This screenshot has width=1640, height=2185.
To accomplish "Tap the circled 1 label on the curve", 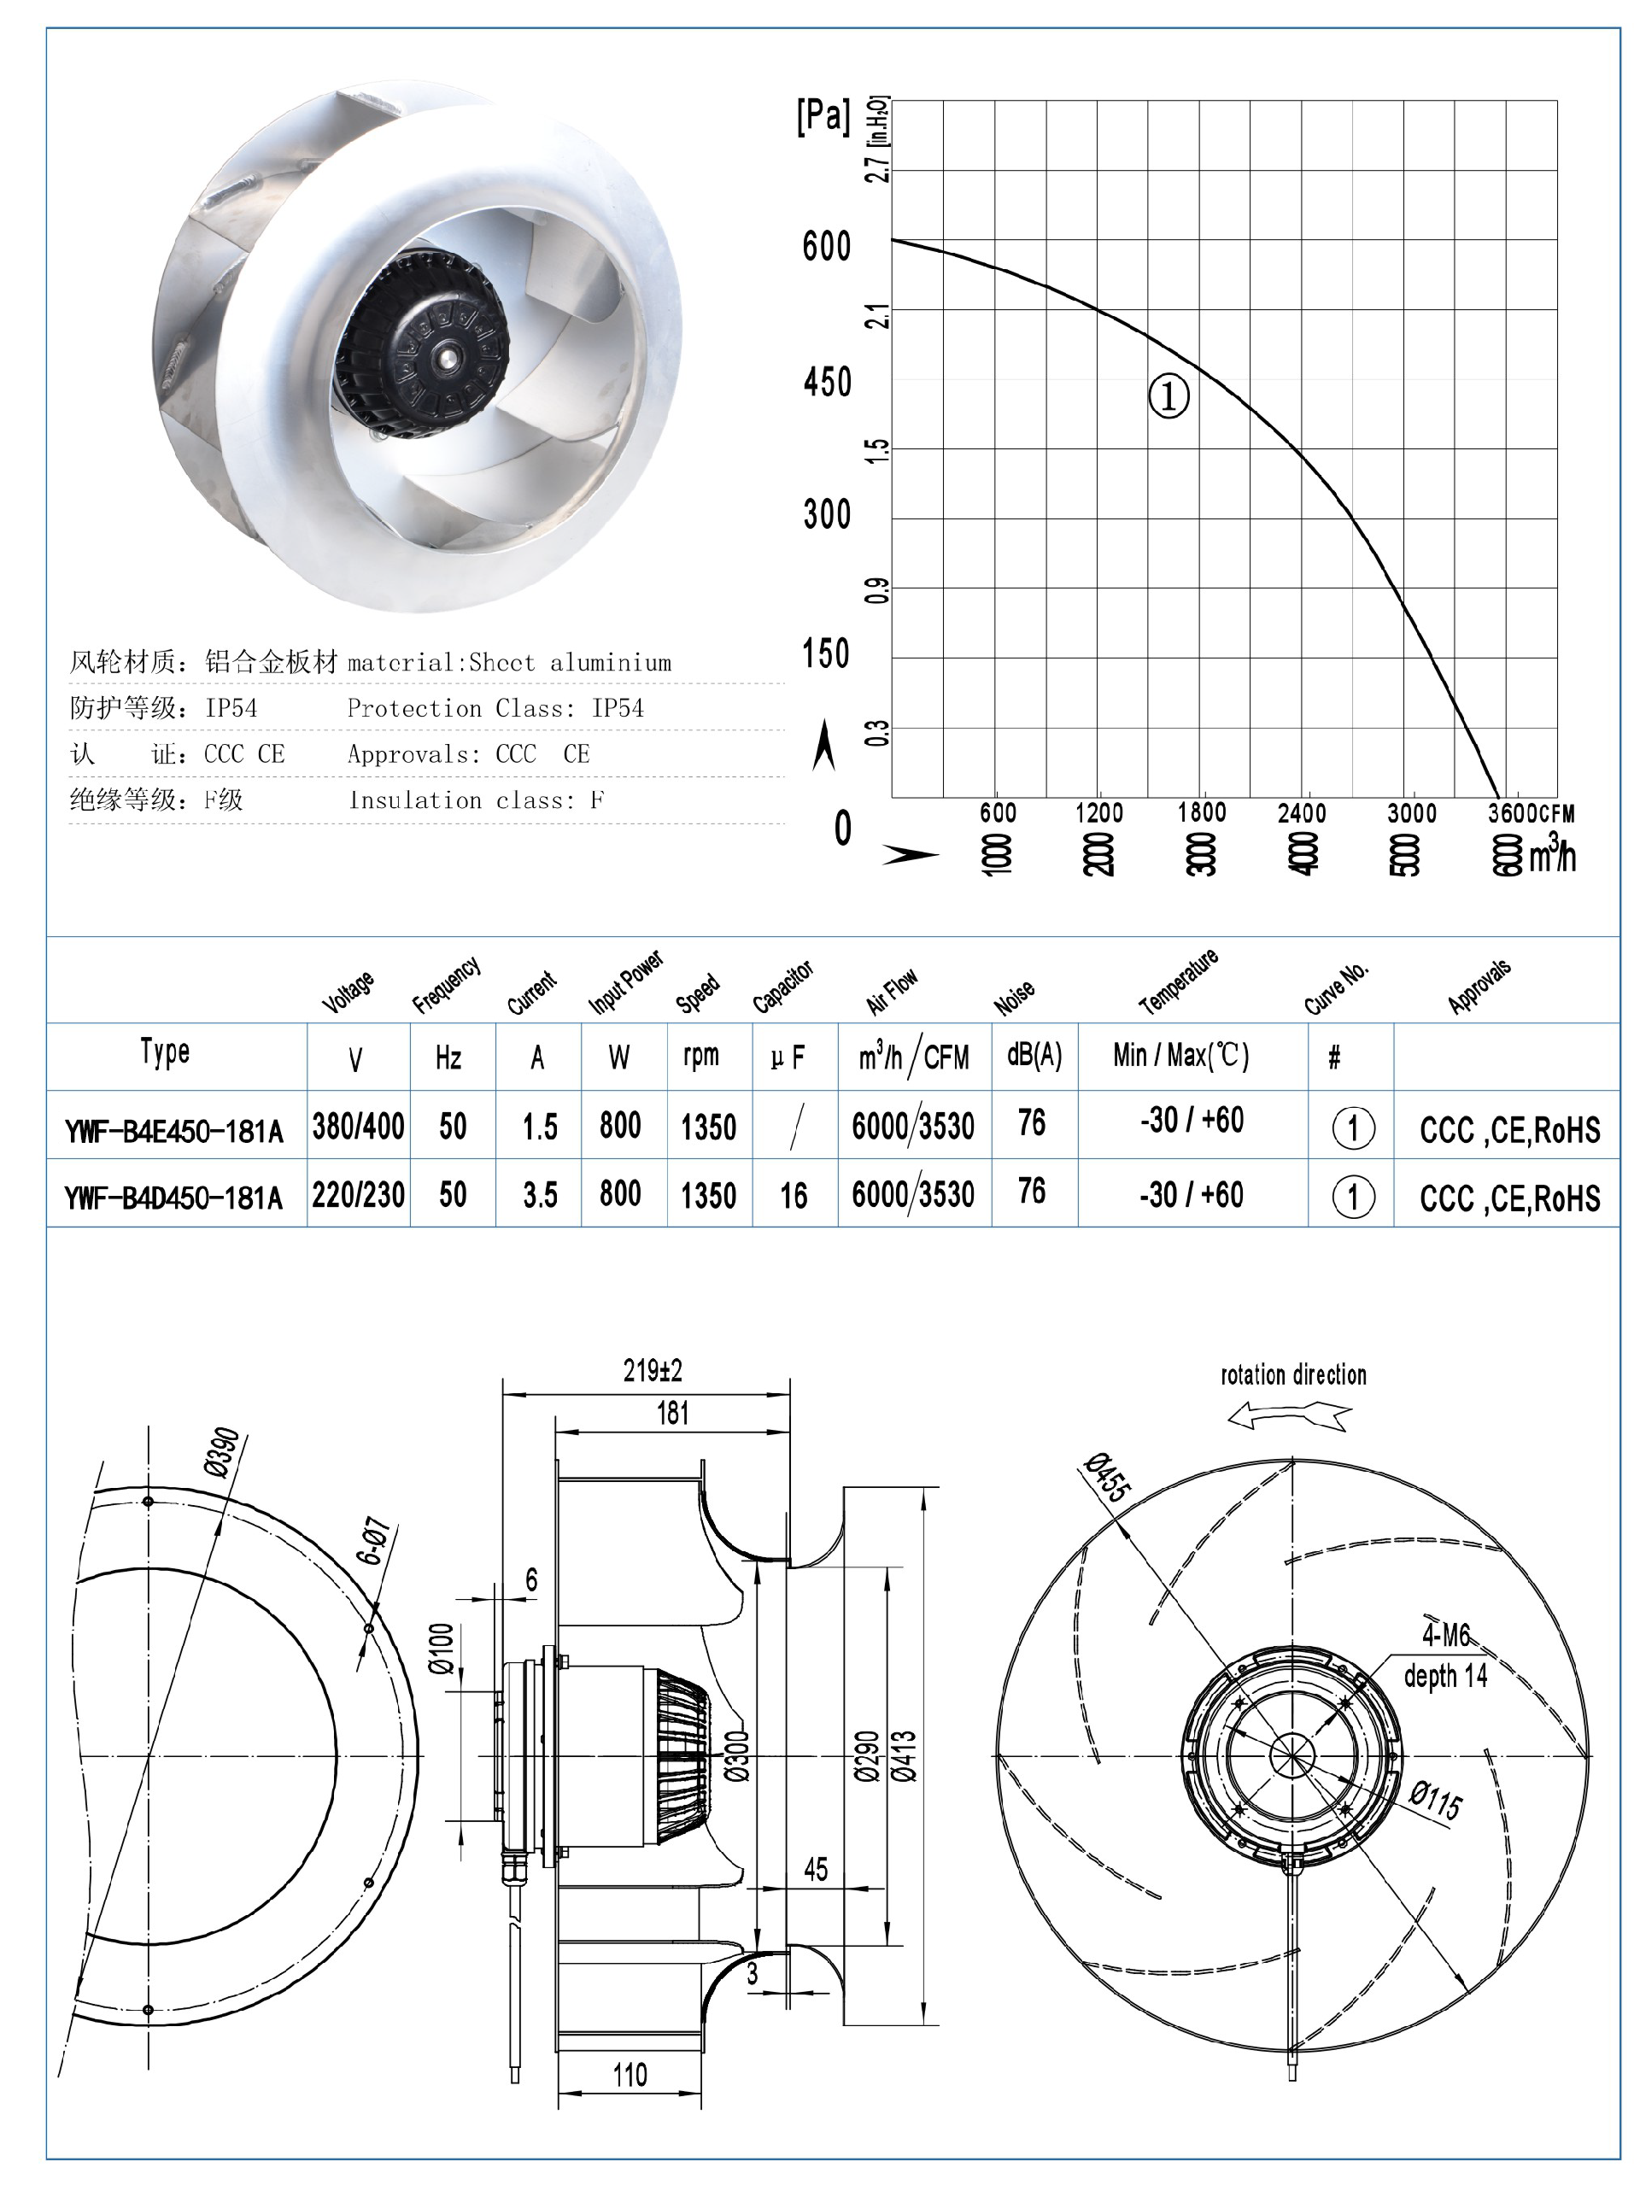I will (1168, 396).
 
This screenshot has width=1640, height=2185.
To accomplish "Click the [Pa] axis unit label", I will (822, 116).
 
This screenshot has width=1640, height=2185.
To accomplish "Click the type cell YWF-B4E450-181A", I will (174, 1129).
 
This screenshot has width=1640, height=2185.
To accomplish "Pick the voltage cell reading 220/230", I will (358, 1195).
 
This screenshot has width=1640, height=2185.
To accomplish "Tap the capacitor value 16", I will (794, 1196).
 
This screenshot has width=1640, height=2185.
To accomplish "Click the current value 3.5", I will (540, 1195).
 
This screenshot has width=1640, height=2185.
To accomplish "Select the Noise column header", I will (1014, 997).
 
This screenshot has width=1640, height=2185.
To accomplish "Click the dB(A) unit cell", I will (1034, 1056).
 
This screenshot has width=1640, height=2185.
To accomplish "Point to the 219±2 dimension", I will (652, 1371).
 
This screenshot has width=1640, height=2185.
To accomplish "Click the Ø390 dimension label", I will (222, 1452).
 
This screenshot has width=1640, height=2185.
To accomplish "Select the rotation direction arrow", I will (1289, 1417).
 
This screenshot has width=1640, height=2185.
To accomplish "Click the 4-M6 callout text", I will (1445, 1636).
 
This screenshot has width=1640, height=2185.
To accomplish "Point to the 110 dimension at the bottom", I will (630, 2074).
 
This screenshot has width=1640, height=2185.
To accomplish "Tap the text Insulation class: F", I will (475, 800).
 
